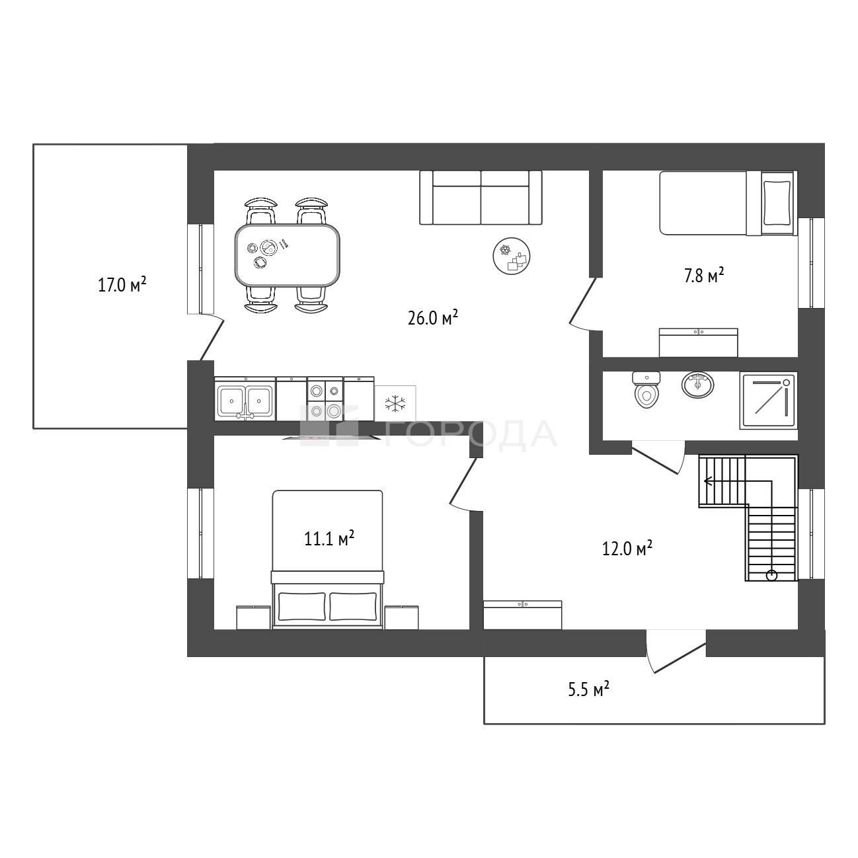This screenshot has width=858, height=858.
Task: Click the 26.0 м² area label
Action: [x=433, y=319]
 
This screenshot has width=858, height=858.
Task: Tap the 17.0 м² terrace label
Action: [x=122, y=285]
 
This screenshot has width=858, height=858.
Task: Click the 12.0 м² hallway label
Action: [x=627, y=549]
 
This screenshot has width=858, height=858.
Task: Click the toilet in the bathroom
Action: [x=646, y=390]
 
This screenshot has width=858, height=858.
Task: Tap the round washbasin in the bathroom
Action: [x=698, y=385]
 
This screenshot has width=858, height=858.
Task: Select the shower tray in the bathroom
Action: [x=769, y=401]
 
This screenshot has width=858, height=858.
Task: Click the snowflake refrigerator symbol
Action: [x=395, y=403]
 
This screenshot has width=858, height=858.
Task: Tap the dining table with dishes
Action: [x=288, y=256]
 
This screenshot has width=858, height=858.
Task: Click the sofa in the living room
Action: [x=481, y=198]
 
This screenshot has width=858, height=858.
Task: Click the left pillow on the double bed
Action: [x=302, y=606]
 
